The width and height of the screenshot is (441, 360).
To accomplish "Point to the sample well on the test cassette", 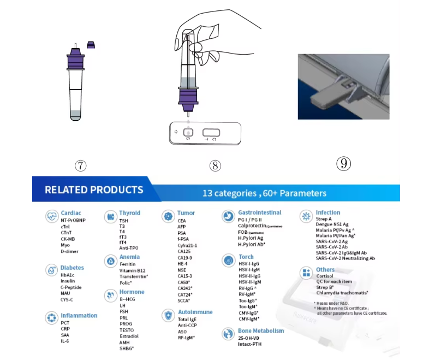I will (x=188, y=132).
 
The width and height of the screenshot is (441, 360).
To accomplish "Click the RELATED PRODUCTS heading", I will (x=94, y=190).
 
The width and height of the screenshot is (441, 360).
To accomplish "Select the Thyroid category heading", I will (x=129, y=213).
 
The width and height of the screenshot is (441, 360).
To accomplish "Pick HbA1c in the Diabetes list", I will (x=67, y=275).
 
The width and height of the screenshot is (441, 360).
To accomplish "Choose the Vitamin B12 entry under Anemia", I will (x=132, y=270).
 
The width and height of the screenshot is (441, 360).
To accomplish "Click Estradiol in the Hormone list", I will (x=129, y=336).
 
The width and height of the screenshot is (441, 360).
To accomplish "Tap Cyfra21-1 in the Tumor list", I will (x=187, y=245).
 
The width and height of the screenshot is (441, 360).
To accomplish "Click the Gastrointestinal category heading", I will (x=259, y=213).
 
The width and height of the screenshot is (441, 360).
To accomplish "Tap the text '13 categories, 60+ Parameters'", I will (x=264, y=193).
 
